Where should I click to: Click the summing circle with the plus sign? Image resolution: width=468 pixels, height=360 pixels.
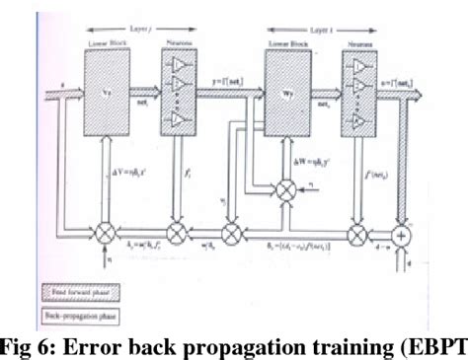[x=404, y=238]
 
